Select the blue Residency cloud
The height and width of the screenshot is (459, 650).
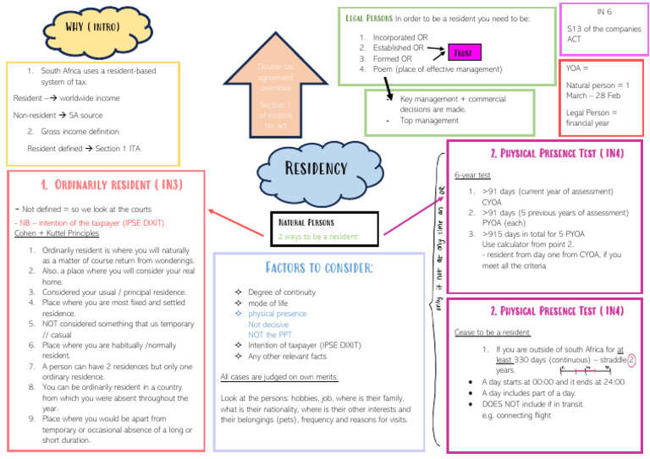316,169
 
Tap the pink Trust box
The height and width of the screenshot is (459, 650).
464,53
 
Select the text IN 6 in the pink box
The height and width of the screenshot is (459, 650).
603,12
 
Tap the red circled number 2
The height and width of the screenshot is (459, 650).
631,360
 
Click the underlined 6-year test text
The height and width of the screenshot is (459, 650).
473,175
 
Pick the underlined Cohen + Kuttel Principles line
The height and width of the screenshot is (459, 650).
57,234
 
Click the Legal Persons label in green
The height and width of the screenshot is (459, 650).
368,17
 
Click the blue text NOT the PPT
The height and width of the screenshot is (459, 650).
270,335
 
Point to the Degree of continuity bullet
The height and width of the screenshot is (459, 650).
282,292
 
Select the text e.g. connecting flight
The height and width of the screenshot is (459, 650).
516,414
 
